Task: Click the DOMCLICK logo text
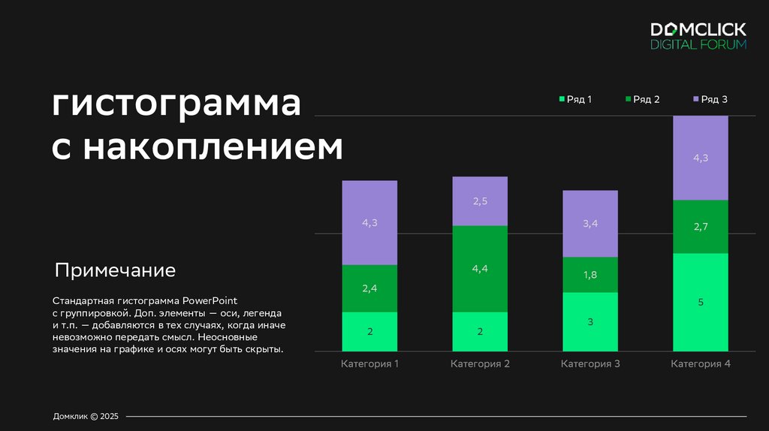[698, 29]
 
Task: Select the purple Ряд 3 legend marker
[695, 99]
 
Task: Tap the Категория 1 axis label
[369, 364]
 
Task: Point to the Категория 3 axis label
[590, 364]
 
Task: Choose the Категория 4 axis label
[701, 364]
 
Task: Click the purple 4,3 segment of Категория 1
[369, 222]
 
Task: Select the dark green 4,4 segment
[480, 268]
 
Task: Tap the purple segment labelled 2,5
[480, 201]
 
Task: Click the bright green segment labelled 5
[701, 302]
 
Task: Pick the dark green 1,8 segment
[590, 275]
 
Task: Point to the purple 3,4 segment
[590, 224]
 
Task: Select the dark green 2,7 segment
[701, 227]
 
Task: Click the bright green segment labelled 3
[590, 321]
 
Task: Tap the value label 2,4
[369, 288]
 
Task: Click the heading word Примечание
[115, 270]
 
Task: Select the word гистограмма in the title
[176, 104]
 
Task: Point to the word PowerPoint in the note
[209, 301]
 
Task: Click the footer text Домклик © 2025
[86, 416]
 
